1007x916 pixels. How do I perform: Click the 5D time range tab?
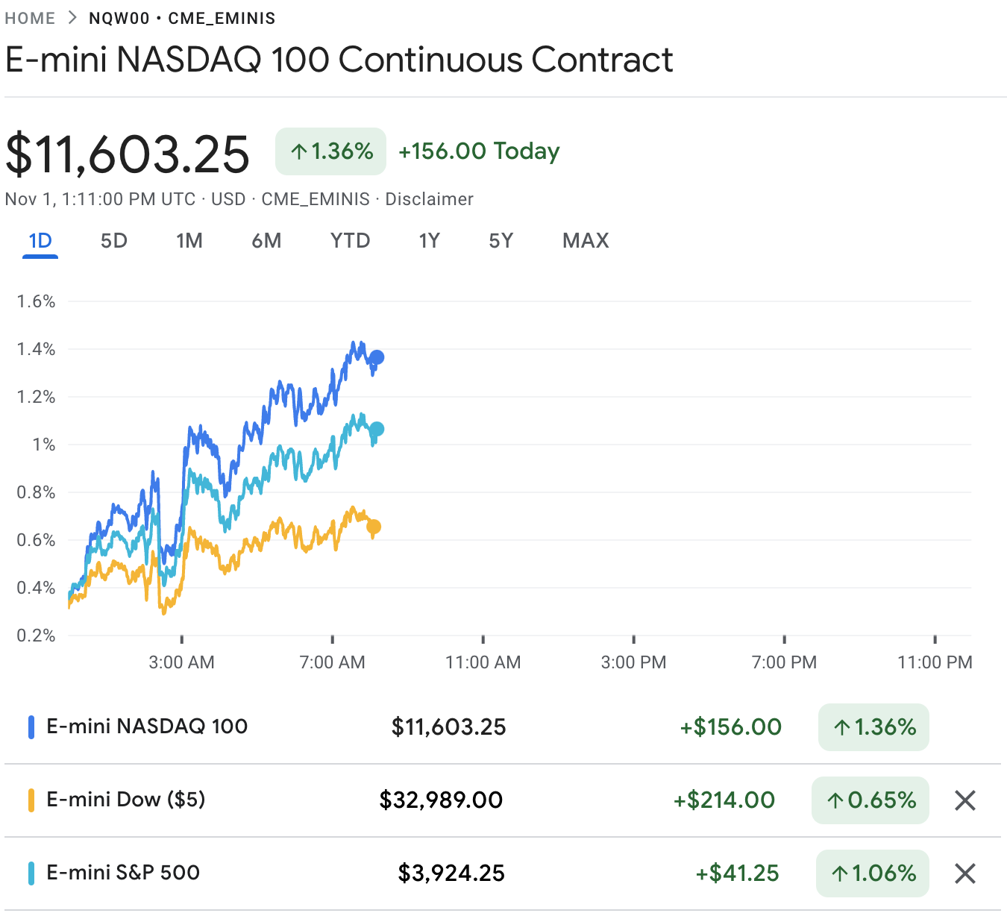point(114,241)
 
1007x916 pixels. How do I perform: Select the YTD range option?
point(350,241)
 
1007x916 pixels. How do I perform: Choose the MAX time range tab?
point(586,241)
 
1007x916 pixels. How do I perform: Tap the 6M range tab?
point(266,241)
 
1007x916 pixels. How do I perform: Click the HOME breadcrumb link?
point(30,18)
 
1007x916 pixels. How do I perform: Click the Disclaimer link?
point(429,199)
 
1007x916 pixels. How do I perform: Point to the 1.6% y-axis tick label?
point(37,301)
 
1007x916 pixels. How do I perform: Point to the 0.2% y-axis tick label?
point(37,636)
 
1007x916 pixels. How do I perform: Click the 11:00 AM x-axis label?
point(483,662)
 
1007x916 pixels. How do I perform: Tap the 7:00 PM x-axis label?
point(784,662)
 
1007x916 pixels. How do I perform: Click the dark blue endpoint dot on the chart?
point(377,357)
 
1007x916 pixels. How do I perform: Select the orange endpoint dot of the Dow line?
point(374,527)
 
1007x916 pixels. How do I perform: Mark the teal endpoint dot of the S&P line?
point(377,429)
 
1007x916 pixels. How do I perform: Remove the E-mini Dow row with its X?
point(965,800)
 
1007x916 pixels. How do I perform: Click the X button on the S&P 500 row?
point(965,873)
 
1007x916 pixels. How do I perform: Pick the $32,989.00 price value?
point(441,800)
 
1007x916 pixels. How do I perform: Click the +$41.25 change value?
point(737,873)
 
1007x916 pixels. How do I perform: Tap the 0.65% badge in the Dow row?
point(870,800)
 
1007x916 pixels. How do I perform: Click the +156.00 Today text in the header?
point(479,151)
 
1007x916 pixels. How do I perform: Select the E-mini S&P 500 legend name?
point(123,873)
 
